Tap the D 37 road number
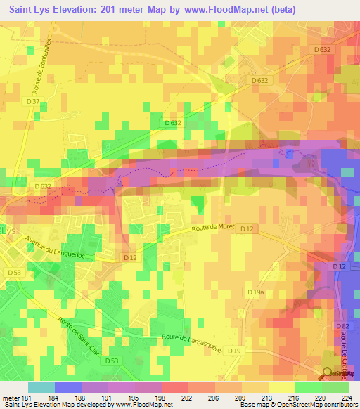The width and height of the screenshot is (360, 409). click(x=33, y=101)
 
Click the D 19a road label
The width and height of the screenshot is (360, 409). click(x=255, y=291)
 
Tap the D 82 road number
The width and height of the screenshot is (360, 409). click(x=342, y=327)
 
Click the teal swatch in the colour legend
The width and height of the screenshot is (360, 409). click(x=41, y=387)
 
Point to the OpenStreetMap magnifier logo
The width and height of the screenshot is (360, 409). click(x=328, y=375)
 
